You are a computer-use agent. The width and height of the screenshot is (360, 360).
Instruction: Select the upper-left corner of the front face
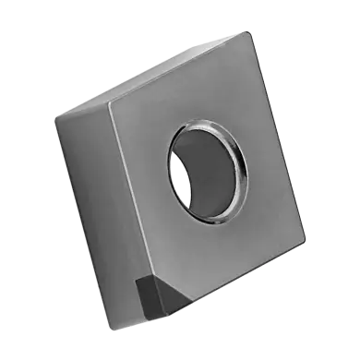point(109,99)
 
